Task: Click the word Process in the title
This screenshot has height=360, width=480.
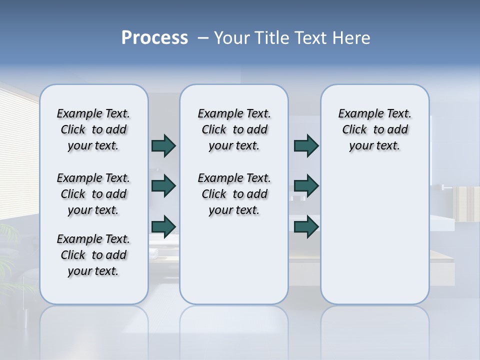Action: [154, 37]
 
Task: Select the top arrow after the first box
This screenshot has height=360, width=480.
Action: [163, 146]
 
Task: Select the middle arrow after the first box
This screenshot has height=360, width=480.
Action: [163, 186]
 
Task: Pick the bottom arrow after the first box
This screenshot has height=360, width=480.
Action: [163, 226]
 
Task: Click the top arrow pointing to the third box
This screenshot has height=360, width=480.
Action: [306, 146]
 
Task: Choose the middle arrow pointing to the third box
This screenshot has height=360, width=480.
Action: [306, 186]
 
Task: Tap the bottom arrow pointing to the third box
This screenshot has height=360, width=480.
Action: [306, 226]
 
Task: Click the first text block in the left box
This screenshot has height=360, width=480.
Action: [93, 129]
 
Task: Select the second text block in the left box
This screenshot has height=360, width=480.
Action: [93, 194]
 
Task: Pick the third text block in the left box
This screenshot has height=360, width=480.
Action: [93, 255]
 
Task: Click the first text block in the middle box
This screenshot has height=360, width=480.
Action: [234, 129]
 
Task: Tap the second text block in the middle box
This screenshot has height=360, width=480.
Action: [234, 194]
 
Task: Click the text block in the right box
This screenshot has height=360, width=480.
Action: [374, 129]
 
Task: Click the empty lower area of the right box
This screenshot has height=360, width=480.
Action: [374, 240]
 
